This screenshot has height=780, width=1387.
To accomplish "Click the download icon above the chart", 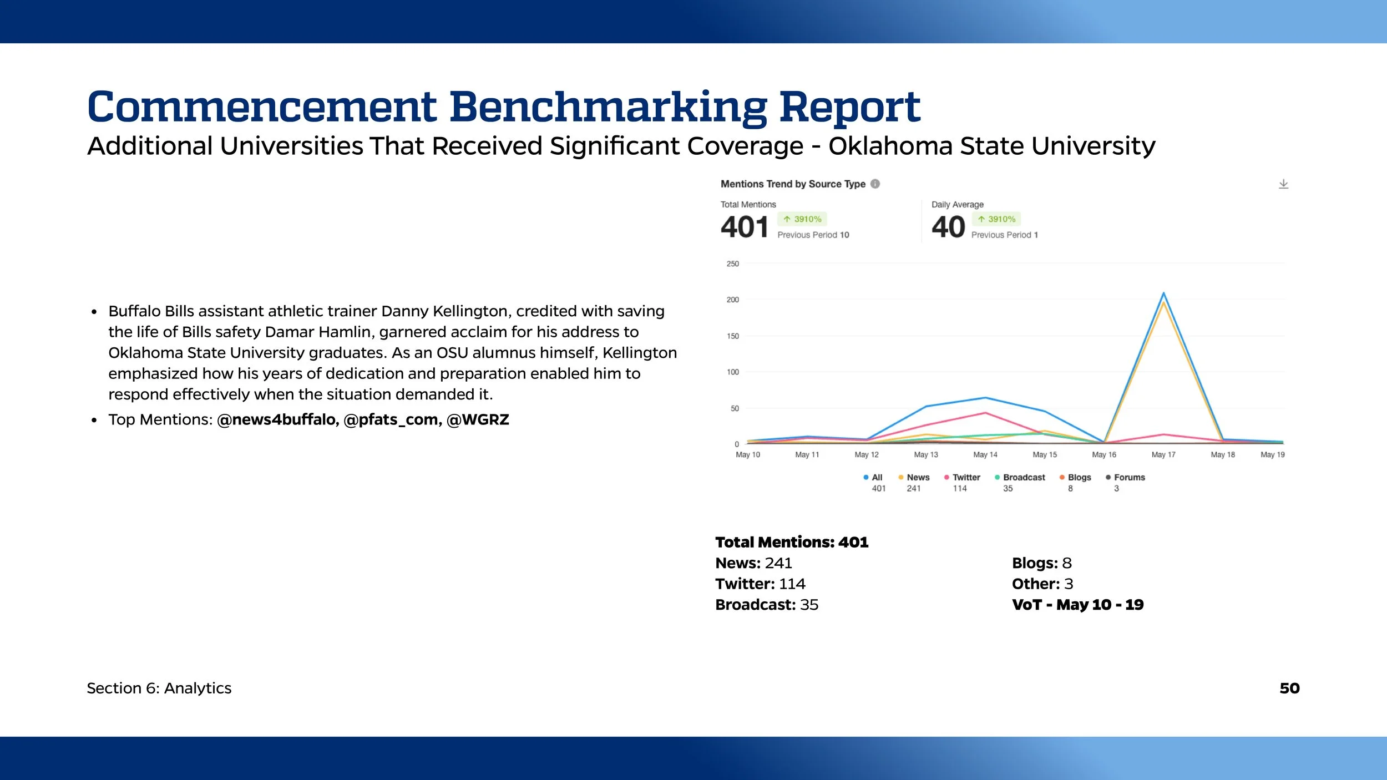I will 1283,184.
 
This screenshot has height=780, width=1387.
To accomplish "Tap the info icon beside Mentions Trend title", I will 875,184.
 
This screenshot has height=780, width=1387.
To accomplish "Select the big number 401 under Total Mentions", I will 744,227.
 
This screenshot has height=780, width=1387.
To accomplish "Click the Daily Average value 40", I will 948,227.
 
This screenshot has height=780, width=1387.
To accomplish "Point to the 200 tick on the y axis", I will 732,300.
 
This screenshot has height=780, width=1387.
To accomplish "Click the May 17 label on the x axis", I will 1163,454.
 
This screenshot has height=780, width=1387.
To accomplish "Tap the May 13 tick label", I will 926,454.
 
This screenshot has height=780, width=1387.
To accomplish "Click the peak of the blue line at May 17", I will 1163,293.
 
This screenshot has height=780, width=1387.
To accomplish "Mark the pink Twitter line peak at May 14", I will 985,413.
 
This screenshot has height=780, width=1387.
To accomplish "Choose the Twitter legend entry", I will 966,477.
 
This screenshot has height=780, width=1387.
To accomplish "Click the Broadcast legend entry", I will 1024,477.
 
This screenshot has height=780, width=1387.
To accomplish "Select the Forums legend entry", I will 1129,477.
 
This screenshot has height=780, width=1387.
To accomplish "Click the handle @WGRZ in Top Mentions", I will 478,419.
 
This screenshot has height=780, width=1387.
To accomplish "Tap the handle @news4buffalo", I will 277,419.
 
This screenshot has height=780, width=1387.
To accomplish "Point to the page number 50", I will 1289,688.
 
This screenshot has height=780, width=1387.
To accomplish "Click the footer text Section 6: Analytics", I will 159,688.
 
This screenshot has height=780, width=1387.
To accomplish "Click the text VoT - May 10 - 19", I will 1077,605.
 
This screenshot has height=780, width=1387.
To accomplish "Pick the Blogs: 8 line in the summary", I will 1041,563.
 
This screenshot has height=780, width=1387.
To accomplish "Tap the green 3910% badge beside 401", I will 802,219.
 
